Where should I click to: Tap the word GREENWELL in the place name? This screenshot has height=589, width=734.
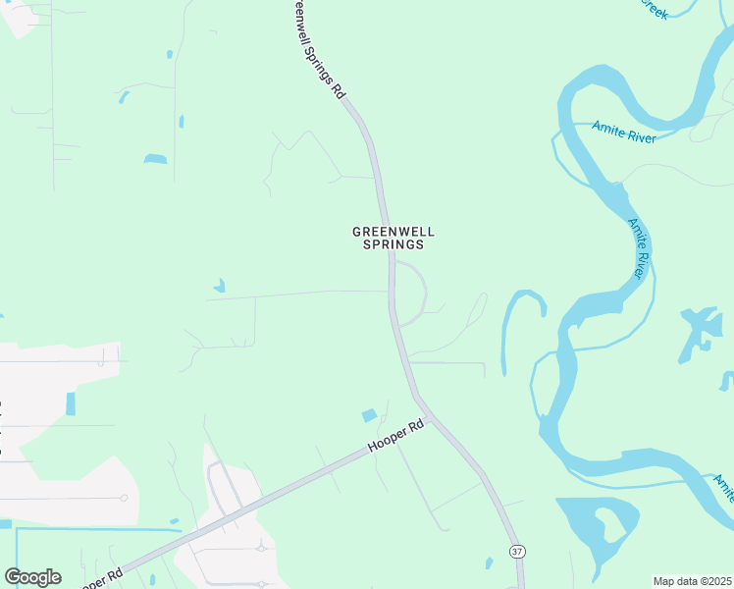pos(393,232)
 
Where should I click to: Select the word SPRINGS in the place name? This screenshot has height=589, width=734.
pos(393,244)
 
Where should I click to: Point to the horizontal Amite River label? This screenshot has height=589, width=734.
pos(624,133)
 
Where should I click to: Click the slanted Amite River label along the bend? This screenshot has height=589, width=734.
pos(640,247)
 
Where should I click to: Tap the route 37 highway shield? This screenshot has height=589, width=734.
pos(516,552)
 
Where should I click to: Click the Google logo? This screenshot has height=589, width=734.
pos(32,577)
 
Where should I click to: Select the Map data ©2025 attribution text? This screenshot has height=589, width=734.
pos(691,581)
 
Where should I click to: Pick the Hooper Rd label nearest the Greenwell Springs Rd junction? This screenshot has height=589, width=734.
pos(396,437)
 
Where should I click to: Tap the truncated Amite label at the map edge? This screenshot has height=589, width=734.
pos(723,486)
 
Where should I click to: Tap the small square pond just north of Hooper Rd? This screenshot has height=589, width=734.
pos(369,416)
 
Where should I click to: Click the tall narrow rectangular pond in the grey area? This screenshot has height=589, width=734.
pos(71,403)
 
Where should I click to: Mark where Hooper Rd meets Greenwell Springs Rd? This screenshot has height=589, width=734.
pos(429,413)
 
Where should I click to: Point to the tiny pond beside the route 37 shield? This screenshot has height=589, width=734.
pos(489,563)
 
